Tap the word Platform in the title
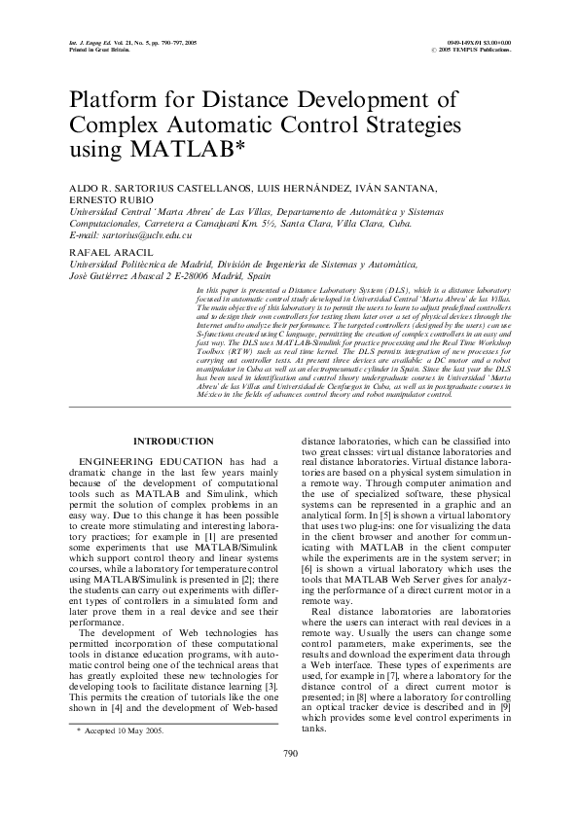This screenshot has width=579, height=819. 114,101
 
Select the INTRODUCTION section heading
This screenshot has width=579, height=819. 173,442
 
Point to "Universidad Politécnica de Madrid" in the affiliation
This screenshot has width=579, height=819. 141,266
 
